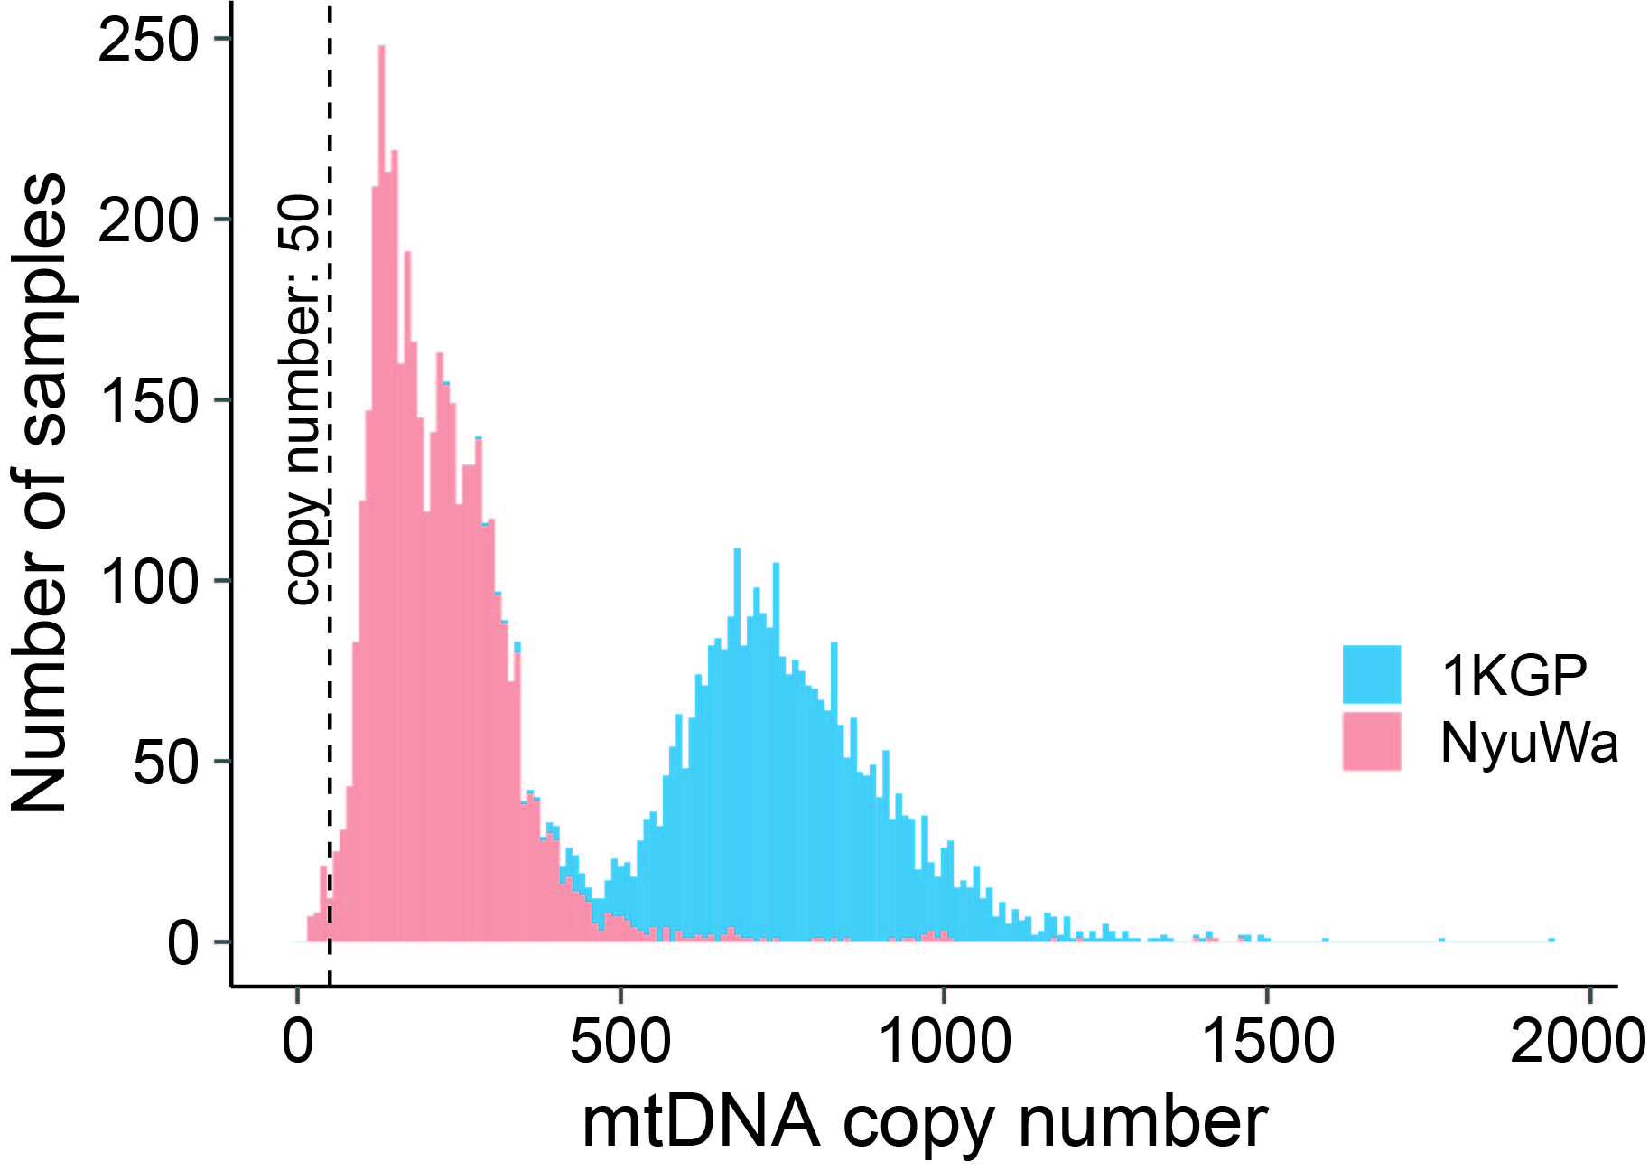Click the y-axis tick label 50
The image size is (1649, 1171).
pos(164,763)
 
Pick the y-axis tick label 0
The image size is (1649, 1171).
pos(182,943)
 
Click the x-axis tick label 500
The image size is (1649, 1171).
pos(620,1042)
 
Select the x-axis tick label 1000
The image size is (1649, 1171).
pos(944,1042)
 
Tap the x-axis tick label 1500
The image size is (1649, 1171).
pos(1267,1042)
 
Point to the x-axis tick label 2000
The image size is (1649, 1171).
pos(1579,1042)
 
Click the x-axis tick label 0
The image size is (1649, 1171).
pos(297,1042)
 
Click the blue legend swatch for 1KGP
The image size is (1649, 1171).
pos(1371,674)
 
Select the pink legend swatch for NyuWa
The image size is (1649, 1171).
pos(1371,742)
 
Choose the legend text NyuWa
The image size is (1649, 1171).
pos(1528,743)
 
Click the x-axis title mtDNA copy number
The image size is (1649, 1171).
pos(924,1124)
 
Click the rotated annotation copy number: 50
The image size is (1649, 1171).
pos(302,398)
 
